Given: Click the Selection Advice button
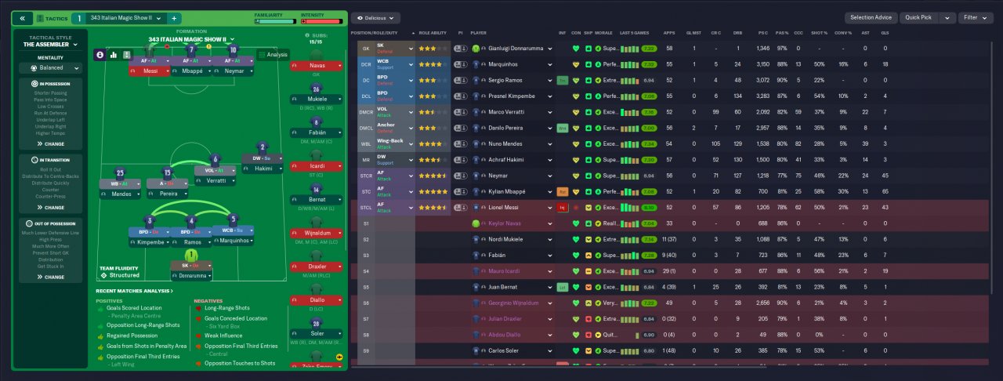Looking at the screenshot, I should point(871,17).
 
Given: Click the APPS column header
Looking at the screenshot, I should point(668,33).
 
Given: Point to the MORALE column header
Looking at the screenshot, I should point(603,33).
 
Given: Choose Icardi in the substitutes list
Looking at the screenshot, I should point(317,166).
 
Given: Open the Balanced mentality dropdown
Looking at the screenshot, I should point(51,67).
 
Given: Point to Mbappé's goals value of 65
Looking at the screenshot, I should point(885,191).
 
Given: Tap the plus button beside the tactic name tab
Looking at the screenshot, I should point(173,17).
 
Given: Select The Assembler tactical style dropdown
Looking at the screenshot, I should point(51,45).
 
